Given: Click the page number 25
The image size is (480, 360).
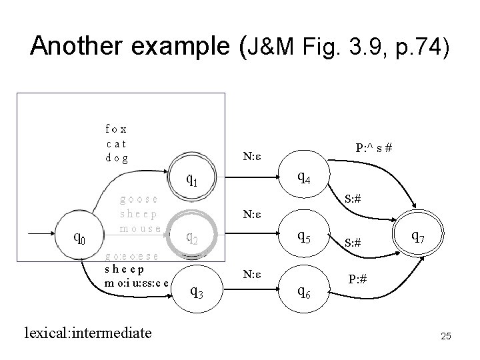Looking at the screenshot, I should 446,338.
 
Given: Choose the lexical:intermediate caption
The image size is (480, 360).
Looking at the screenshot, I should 87,332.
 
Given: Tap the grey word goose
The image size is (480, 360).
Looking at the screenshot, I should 138,199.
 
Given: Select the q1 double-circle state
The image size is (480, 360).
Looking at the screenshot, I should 191,179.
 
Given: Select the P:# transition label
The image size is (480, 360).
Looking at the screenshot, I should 359,279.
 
